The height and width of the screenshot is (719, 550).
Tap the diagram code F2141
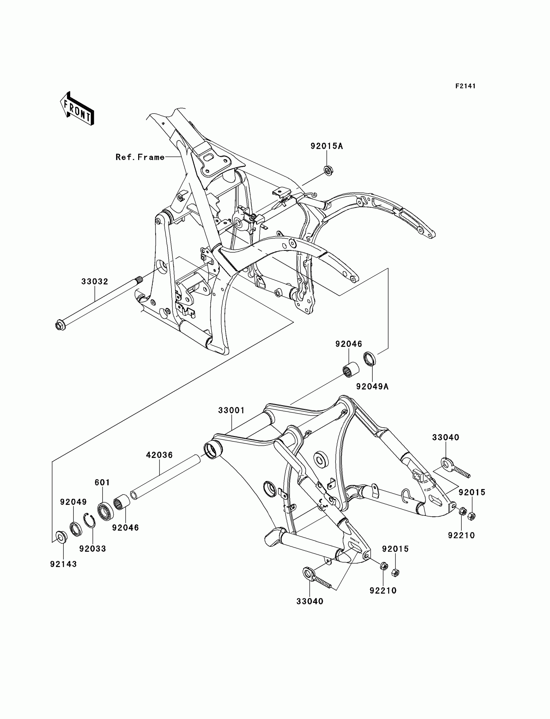465,86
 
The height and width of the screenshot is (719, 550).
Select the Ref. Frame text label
140,157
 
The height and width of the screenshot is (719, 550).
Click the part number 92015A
326,146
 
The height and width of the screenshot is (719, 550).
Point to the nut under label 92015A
327,170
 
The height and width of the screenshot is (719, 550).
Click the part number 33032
94,281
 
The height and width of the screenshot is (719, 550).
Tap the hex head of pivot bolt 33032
60,326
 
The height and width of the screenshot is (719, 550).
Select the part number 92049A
372,387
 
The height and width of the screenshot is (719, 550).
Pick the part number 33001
231,410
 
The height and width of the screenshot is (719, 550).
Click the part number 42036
159,455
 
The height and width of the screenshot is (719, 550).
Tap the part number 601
102,482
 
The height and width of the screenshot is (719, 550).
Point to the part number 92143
63,564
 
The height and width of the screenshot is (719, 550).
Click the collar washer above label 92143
61,537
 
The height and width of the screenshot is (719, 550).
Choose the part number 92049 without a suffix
73,502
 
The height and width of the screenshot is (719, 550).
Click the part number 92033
93,549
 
